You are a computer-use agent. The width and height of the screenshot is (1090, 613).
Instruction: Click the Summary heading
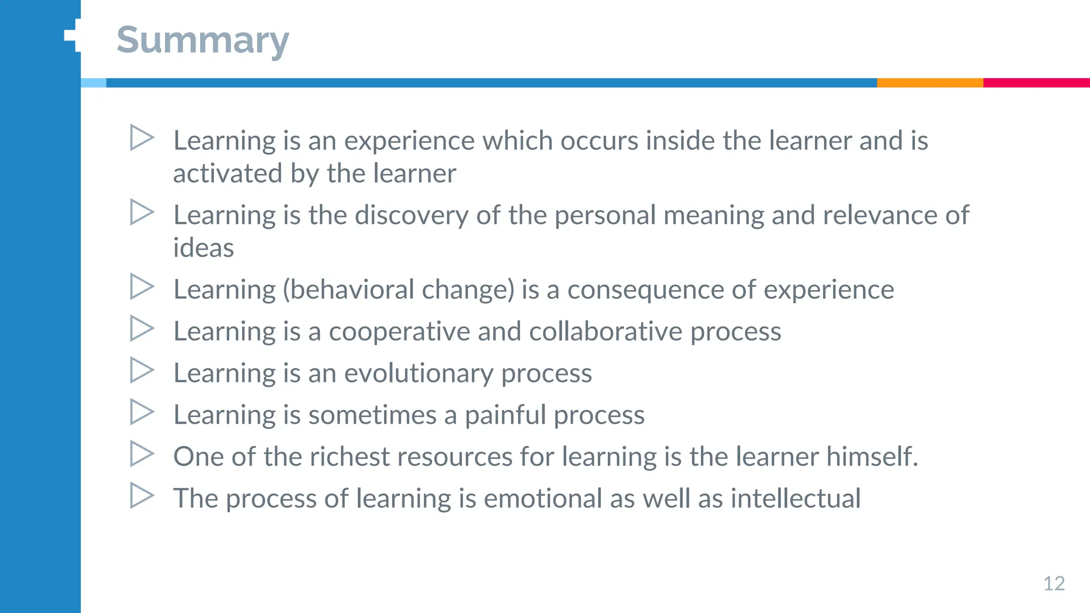[x=203, y=40]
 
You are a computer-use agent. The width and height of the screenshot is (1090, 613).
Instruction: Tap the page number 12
[x=1054, y=584]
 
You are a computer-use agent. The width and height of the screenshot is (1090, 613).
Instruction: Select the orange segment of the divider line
[x=930, y=83]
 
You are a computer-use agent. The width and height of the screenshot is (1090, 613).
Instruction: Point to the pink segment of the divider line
[x=1036, y=83]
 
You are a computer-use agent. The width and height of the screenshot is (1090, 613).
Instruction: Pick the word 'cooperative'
[x=399, y=332]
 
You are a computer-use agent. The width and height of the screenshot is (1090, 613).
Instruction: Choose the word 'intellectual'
[x=795, y=499]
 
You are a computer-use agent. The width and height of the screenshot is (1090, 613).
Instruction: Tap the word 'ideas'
[x=203, y=248]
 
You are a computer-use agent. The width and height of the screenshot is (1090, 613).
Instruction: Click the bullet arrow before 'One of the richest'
[x=142, y=454]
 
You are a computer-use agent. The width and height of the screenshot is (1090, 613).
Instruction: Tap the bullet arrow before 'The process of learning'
[x=142, y=495]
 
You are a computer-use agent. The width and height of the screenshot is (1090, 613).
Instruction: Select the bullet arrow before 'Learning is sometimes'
[x=142, y=412]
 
